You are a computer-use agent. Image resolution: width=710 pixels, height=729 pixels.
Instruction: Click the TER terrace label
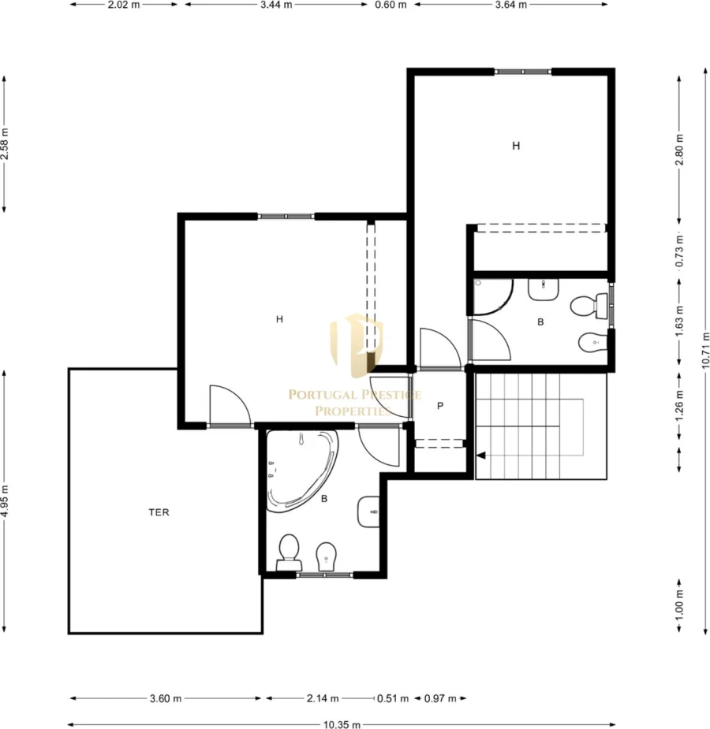click(x=159, y=512)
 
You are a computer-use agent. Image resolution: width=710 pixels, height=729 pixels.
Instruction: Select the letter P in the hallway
click(x=440, y=407)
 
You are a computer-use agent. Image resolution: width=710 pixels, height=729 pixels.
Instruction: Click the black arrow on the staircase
click(x=481, y=456)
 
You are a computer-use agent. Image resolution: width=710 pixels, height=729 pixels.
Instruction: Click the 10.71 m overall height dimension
click(x=705, y=350)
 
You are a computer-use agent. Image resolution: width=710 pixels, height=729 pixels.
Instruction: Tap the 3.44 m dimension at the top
click(x=276, y=5)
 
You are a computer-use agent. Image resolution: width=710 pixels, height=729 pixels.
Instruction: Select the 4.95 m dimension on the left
click(x=5, y=501)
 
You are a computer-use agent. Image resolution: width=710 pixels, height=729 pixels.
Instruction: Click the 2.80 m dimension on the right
click(x=679, y=150)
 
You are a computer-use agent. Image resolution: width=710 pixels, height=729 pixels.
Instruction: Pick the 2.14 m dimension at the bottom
click(x=323, y=698)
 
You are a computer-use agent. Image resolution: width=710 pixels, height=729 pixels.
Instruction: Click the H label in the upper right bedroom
click(x=516, y=146)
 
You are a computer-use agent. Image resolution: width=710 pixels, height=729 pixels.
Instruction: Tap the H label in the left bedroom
click(x=279, y=319)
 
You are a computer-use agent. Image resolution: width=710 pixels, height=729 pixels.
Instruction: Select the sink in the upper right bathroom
click(x=544, y=289)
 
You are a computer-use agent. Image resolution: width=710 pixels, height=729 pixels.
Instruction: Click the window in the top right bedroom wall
click(x=522, y=72)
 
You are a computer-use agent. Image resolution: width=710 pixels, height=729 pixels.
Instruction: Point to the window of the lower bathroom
click(x=325, y=575)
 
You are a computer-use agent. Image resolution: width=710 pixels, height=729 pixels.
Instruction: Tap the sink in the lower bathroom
click(x=368, y=512)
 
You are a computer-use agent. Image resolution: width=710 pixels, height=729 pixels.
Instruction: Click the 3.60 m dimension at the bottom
click(x=166, y=698)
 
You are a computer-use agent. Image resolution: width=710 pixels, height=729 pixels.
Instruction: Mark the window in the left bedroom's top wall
click(x=286, y=216)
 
